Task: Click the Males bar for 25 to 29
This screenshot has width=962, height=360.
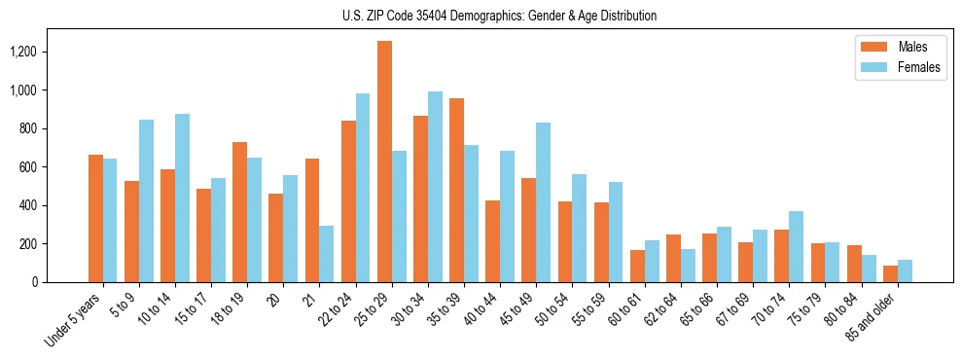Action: (x=384, y=162)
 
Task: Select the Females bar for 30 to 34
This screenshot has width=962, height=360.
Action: (x=435, y=187)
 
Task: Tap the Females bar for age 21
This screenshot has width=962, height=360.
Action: (x=327, y=254)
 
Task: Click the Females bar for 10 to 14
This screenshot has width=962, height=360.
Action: (x=182, y=198)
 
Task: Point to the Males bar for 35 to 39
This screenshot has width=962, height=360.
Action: (x=456, y=190)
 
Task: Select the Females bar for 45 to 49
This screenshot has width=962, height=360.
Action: (x=543, y=202)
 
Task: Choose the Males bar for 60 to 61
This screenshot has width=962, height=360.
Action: (x=637, y=266)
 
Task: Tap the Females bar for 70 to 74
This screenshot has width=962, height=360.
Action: (x=796, y=246)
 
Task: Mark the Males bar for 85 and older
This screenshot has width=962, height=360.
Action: (x=890, y=273)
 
